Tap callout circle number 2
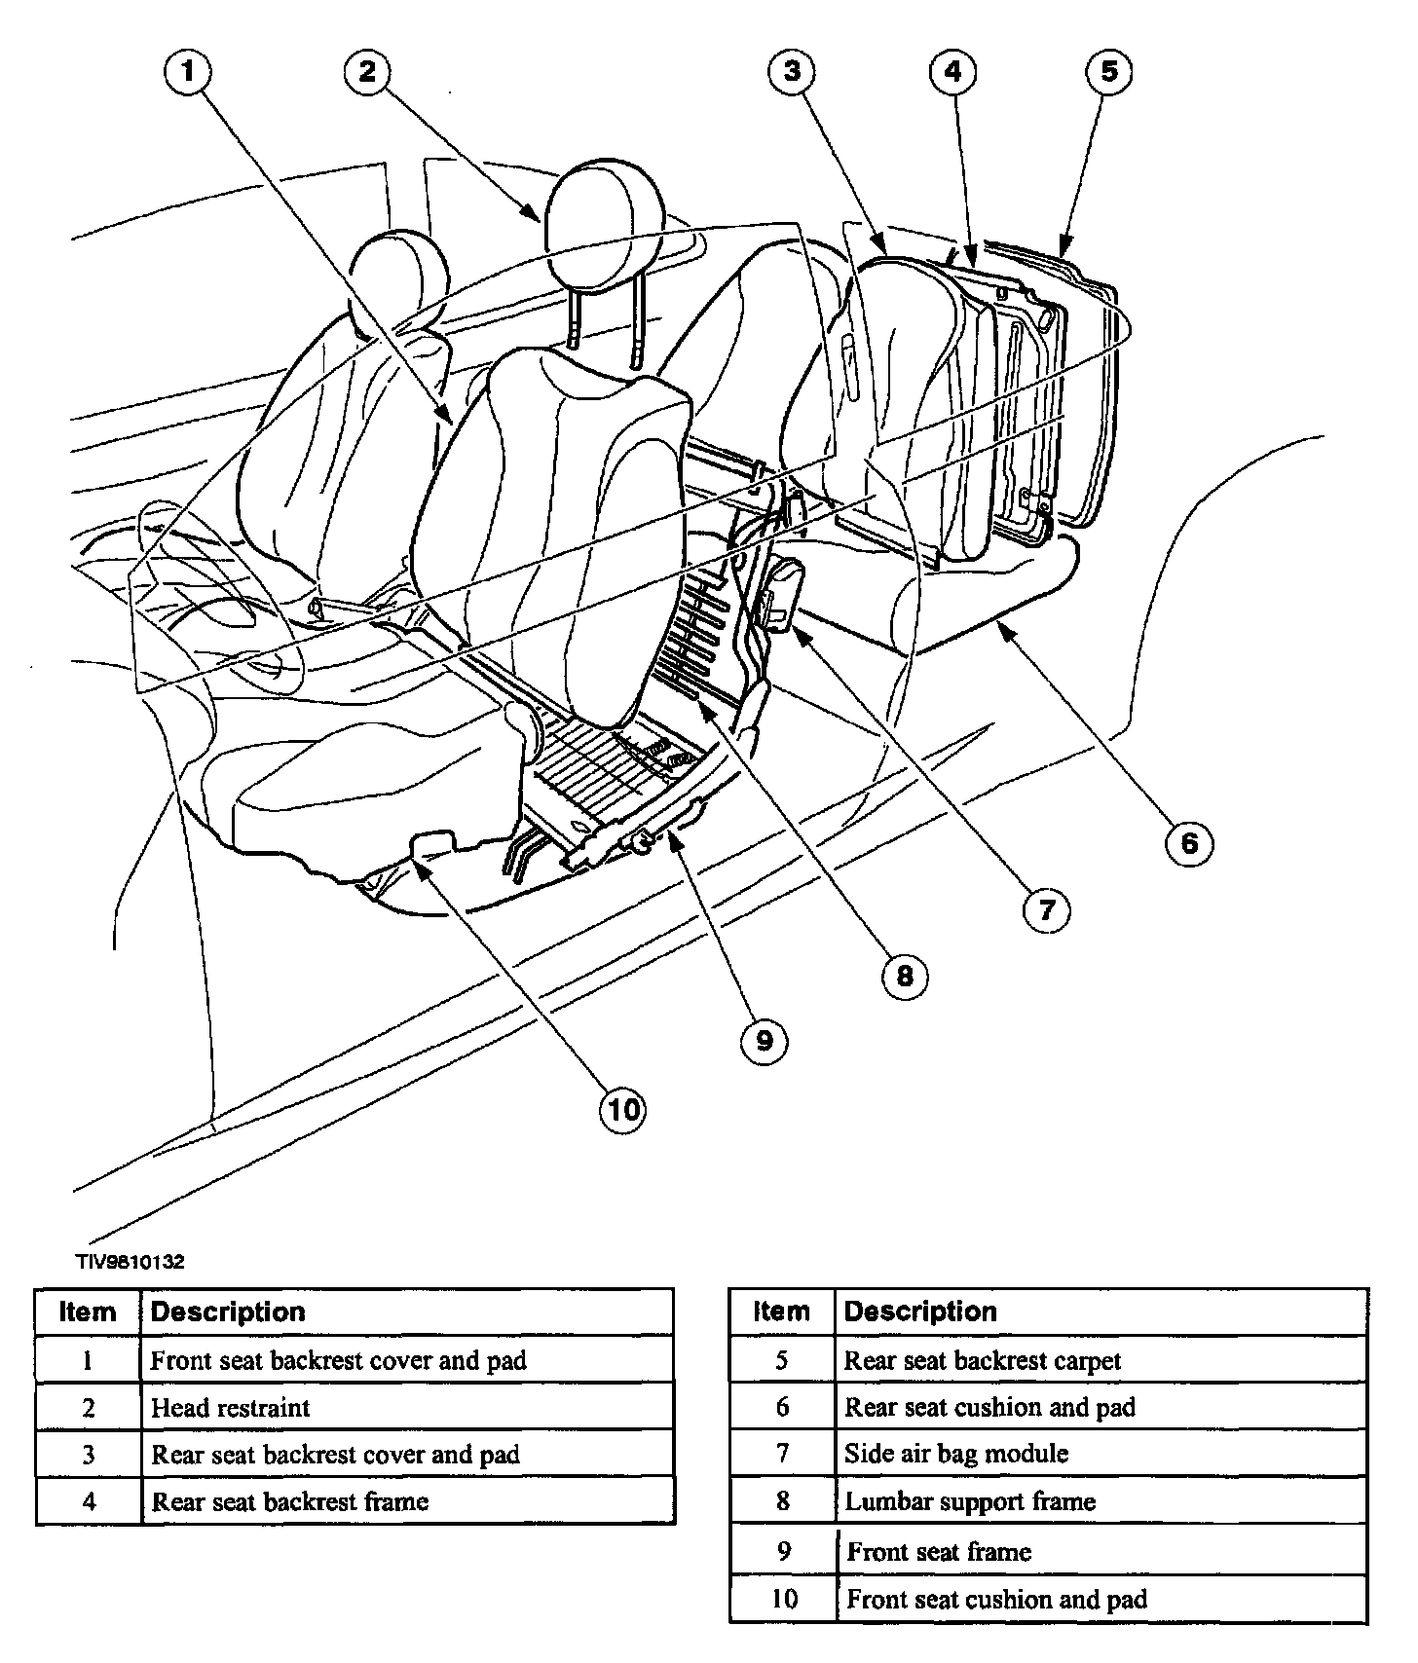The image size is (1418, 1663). [366, 71]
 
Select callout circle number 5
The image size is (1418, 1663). [1109, 71]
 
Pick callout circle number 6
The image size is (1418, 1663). [1189, 842]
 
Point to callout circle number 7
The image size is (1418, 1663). [1046, 909]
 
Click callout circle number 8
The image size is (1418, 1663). [905, 976]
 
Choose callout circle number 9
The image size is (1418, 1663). [764, 1041]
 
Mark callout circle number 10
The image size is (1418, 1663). [623, 1108]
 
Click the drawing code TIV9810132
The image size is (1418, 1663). [131, 1262]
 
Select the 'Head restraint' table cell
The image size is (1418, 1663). [231, 1407]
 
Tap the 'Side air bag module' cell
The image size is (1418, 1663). [955, 1454]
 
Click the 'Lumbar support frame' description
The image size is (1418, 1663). [970, 1501]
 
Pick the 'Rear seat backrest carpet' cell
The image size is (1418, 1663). [982, 1360]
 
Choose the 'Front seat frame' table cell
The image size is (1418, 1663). [939, 1551]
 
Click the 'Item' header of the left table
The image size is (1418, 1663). [88, 1312]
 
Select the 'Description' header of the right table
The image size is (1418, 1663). [920, 1312]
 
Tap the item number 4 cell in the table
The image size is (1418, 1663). [89, 1501]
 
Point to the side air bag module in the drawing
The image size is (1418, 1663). [783, 596]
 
